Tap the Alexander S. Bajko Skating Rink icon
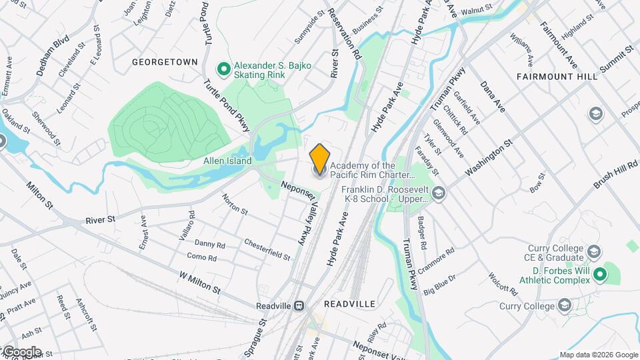pos(224,69)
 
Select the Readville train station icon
pos(300,305)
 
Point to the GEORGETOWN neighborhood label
pos(165,62)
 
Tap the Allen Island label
pos(227,161)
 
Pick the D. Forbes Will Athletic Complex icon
pos(599,273)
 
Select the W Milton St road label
pos(199,282)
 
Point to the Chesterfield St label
pos(267,249)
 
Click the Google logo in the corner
pos(21,351)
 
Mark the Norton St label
pos(235,205)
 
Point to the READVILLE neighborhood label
pos(349,303)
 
